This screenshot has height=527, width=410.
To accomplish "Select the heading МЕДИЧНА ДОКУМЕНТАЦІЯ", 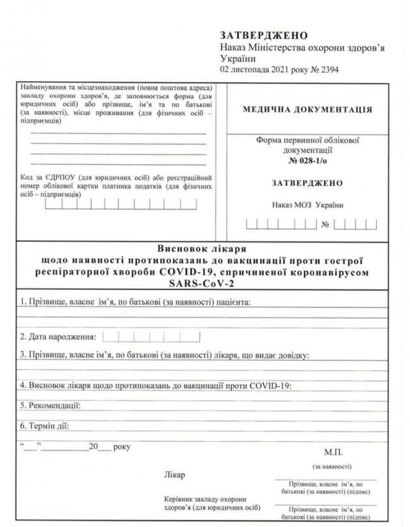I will pos(307,109).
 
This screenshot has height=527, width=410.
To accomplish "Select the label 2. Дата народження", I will pos(58,336).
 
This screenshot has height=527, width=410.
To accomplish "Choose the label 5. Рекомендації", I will pos(50,405).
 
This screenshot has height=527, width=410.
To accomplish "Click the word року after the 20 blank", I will pos(121,446).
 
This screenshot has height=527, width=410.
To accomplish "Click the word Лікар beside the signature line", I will pos(175,475).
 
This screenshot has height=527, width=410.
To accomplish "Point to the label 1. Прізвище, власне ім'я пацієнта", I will pos(135,302).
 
